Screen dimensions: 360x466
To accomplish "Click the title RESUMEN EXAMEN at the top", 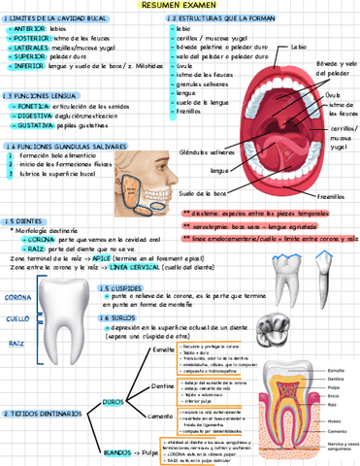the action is [180, 6].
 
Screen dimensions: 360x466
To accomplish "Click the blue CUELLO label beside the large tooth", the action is [17, 317].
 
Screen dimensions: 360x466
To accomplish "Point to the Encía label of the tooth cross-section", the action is [334, 395].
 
